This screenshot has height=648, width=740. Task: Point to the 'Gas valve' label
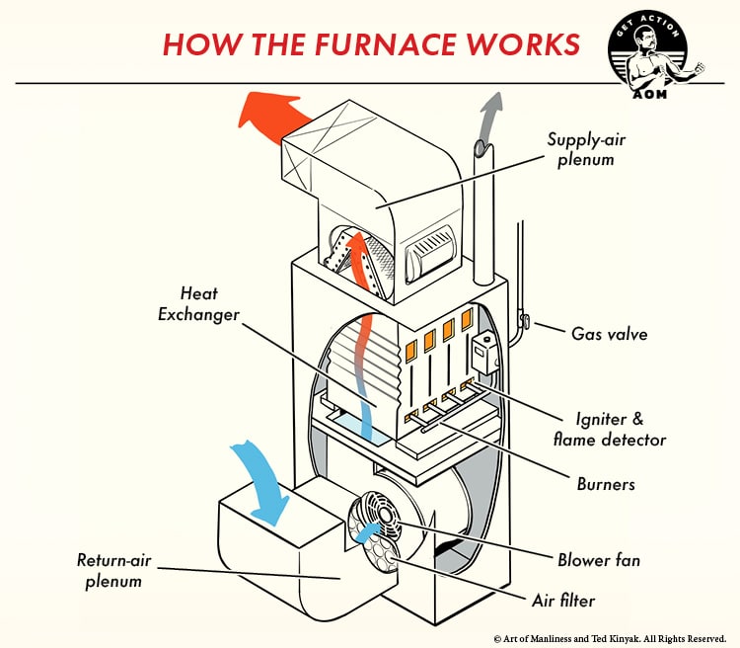point(609,334)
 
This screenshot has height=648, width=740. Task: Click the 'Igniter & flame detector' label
point(619,429)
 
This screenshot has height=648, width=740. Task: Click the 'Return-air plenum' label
point(110,570)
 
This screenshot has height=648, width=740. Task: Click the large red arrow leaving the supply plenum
point(273,112)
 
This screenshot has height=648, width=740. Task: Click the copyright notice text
point(610,638)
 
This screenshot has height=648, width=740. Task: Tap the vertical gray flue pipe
point(482,207)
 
